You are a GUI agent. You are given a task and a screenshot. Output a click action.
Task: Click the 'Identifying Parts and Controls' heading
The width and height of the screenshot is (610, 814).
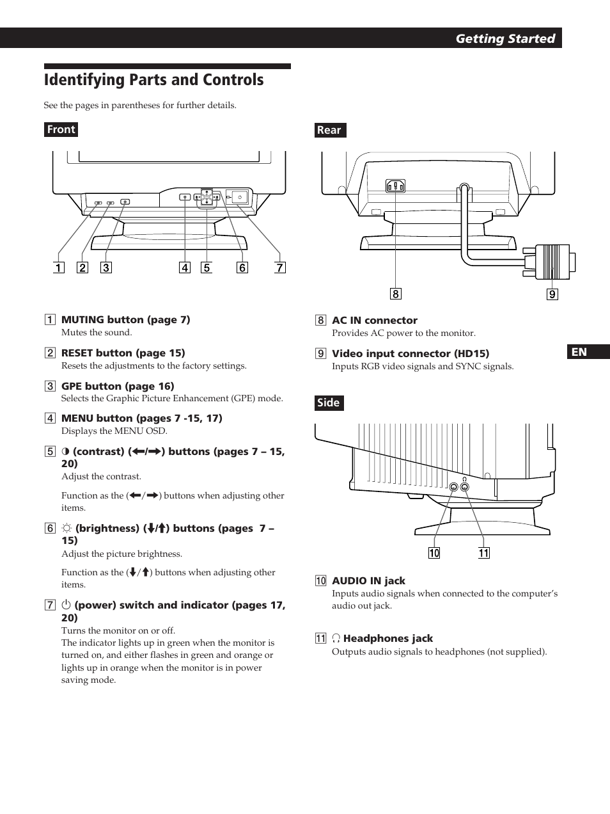[x=153, y=80]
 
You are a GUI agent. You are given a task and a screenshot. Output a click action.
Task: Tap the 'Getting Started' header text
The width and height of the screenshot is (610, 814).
[x=505, y=38]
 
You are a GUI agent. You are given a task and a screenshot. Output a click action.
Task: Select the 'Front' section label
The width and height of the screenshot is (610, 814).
[x=61, y=129]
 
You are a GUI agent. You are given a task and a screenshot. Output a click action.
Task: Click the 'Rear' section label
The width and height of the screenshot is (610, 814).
[x=329, y=130]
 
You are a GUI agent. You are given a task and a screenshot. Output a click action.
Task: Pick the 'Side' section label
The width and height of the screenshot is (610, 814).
[x=329, y=403]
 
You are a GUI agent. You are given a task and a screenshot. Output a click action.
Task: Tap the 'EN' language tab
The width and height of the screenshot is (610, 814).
[x=579, y=352]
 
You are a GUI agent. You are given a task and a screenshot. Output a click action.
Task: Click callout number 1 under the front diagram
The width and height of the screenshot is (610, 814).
[x=59, y=267]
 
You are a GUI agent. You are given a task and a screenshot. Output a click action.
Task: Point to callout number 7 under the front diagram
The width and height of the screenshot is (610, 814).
[x=279, y=267]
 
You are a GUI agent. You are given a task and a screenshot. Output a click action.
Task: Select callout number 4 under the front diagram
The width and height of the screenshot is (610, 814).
[x=185, y=267]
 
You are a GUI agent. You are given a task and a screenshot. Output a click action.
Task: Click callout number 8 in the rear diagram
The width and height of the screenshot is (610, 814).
[x=396, y=294]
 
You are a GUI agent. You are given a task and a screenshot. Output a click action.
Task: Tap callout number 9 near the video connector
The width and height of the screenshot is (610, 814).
[x=552, y=294]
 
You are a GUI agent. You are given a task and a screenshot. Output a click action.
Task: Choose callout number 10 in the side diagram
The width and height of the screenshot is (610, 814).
[x=434, y=553]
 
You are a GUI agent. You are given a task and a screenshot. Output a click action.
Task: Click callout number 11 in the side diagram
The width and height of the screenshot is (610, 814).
[x=484, y=553]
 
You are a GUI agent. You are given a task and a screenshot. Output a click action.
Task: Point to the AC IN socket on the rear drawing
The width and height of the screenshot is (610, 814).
[x=395, y=186]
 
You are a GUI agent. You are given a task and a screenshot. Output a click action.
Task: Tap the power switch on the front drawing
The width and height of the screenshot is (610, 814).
[x=239, y=197]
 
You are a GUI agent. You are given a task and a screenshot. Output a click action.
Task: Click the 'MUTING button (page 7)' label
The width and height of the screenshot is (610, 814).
[x=125, y=320]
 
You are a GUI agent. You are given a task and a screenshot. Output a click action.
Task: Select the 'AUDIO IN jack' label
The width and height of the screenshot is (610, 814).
[x=368, y=581]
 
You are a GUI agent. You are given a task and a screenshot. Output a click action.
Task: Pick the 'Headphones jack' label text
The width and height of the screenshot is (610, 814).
[x=387, y=639]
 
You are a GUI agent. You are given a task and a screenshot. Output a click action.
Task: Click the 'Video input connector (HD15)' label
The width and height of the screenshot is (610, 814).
[x=410, y=354]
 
